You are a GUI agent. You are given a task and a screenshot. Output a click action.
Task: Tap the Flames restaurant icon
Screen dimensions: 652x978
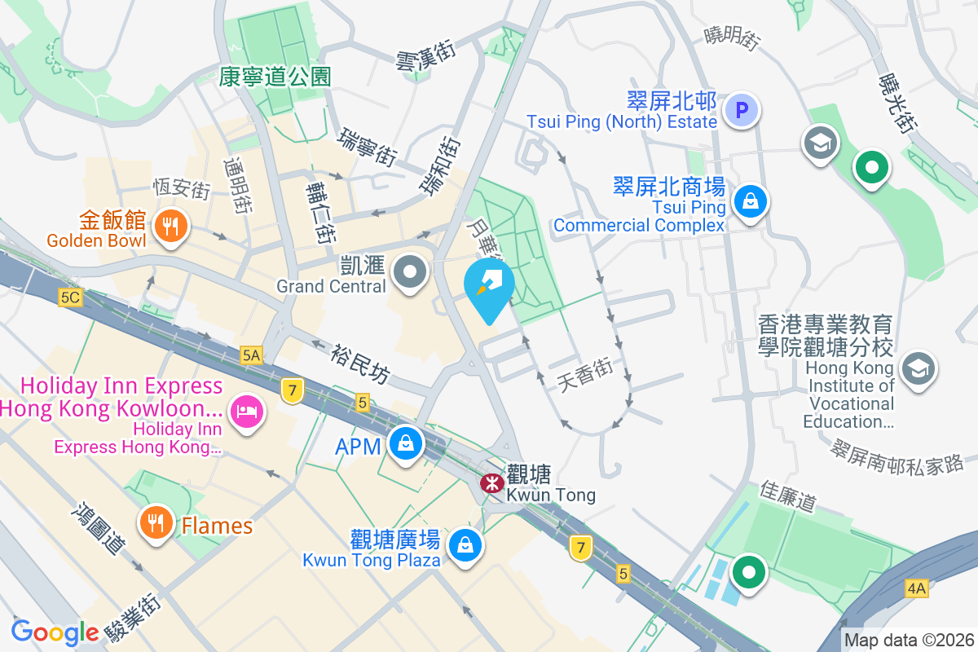click(x=154, y=521)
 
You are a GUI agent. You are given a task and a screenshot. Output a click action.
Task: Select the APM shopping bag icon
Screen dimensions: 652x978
click(x=405, y=444)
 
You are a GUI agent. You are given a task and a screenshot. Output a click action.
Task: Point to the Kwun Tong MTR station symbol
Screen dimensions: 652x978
click(x=491, y=483)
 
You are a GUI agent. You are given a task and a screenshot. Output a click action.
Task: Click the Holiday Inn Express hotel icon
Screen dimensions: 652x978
click(x=244, y=411)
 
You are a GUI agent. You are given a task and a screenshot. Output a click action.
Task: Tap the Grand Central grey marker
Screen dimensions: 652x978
click(x=410, y=272)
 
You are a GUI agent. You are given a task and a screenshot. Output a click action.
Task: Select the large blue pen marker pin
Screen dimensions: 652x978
click(x=489, y=285)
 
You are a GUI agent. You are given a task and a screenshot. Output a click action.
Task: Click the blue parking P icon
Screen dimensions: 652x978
click(x=742, y=109)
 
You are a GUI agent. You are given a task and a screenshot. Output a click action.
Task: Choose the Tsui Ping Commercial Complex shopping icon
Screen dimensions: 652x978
click(x=749, y=201)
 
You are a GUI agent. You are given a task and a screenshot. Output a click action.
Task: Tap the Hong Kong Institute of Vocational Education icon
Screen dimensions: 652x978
click(x=919, y=368)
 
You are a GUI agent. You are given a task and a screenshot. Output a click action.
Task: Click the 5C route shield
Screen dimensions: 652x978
click(x=70, y=297)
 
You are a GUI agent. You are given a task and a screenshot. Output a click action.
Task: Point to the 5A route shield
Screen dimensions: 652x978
click(x=252, y=355)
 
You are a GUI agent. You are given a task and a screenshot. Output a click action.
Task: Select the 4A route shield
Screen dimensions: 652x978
click(x=916, y=588)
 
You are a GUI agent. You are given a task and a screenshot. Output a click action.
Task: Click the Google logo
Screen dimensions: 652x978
click(x=55, y=632)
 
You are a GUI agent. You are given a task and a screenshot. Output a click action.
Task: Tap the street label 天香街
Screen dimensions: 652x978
click(x=586, y=374)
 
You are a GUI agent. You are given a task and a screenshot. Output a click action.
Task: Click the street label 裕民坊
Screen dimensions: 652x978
click(x=359, y=363)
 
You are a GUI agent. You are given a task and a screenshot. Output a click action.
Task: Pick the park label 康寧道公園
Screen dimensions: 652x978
click(x=275, y=77)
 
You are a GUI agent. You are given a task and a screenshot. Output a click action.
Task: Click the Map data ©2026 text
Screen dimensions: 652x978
click(x=909, y=641)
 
